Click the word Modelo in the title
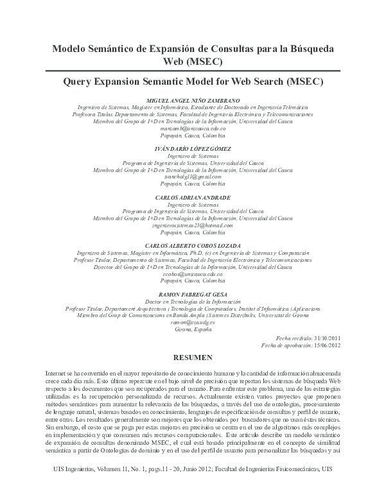coord(71,49)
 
